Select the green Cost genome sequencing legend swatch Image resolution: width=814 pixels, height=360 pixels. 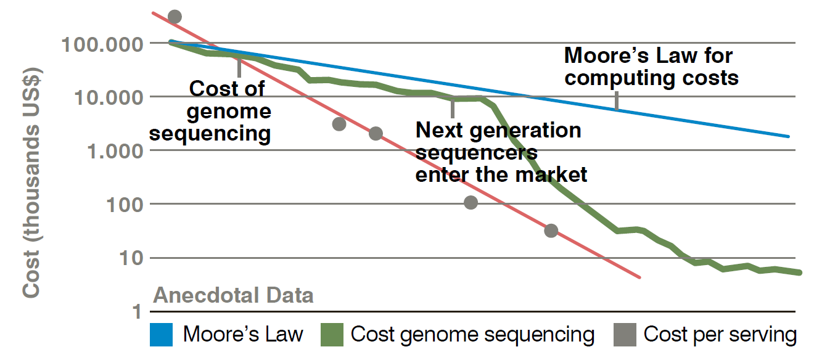point(332,335)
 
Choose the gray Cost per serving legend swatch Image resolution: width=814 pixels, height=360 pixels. point(625,335)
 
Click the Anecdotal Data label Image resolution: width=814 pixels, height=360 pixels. point(233,296)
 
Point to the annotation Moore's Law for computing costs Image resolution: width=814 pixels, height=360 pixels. point(651,67)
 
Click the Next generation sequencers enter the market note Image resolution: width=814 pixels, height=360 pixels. point(500,152)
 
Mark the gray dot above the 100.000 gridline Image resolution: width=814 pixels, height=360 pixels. point(175,17)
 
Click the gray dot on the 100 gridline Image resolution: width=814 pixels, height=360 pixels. point(471,202)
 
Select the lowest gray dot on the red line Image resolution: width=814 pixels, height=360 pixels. point(551,231)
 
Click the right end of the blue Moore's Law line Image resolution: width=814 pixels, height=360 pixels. point(789,136)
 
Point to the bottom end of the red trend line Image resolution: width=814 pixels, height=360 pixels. point(640,277)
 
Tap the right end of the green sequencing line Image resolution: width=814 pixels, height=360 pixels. point(800,272)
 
